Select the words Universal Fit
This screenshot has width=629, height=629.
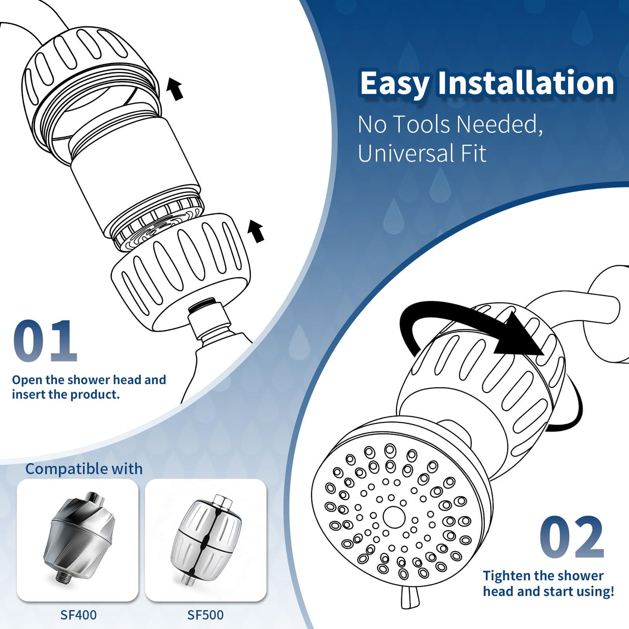pyautogui.click(x=422, y=153)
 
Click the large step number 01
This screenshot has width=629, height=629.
pyautogui.click(x=45, y=341)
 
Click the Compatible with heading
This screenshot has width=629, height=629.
pyautogui.click(x=84, y=469)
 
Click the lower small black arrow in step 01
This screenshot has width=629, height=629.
pyautogui.click(x=256, y=231)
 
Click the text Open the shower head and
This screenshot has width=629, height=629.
pyautogui.click(x=89, y=380)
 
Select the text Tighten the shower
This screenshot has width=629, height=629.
pyautogui.click(x=543, y=576)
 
